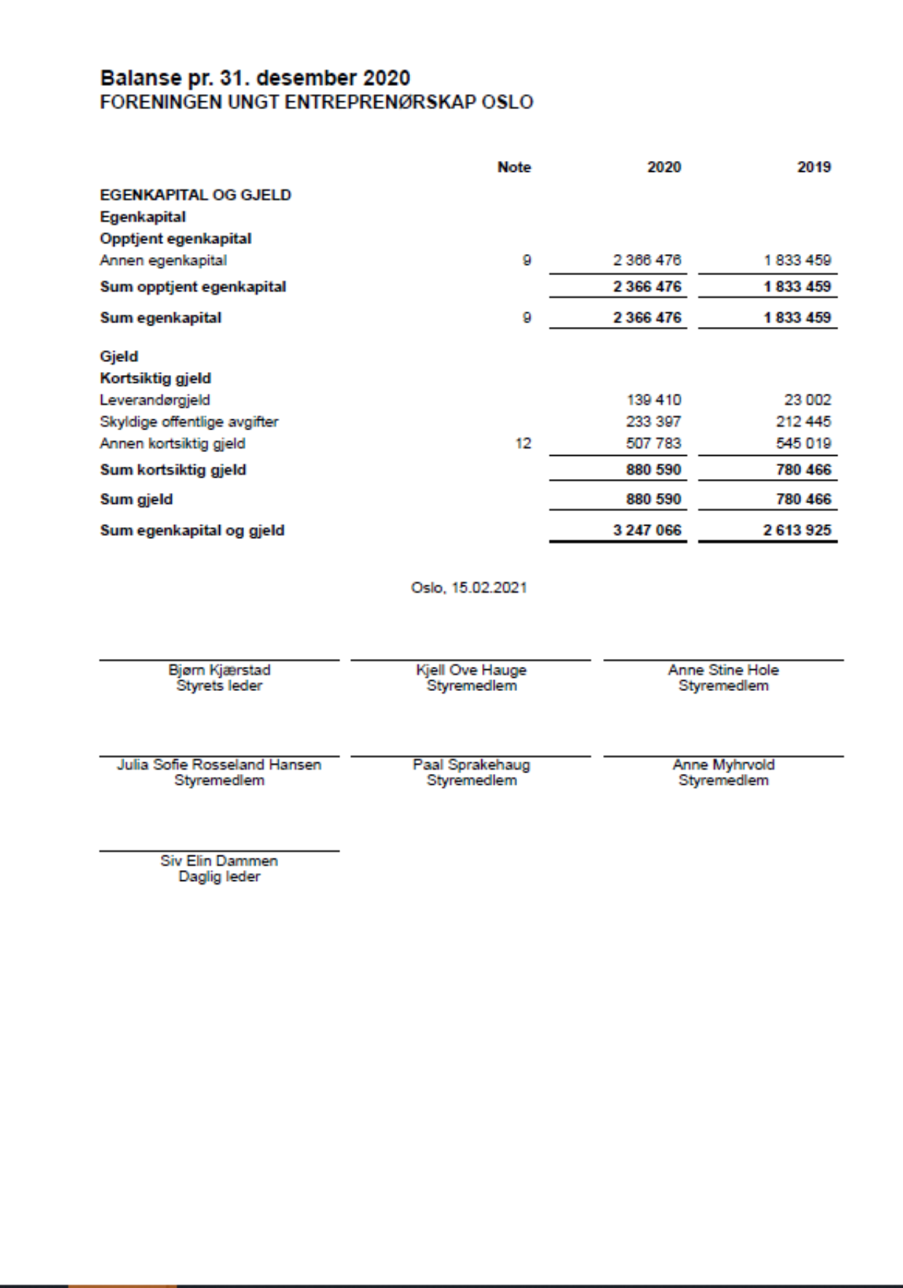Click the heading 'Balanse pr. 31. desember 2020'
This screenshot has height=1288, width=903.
point(255,78)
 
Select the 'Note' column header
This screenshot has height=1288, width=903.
point(513,167)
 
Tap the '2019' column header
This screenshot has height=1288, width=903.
point(813,167)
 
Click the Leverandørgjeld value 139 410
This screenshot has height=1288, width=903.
point(653,400)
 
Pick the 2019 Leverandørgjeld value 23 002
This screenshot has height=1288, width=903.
point(807,400)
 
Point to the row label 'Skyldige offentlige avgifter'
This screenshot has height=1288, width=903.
point(189,422)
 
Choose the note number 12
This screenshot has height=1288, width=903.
point(523,443)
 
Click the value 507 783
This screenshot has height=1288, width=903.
point(653,443)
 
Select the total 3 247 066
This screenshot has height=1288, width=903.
point(647,530)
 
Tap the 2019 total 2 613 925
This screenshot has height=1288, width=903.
point(797,530)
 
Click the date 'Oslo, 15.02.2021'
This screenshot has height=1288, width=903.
point(468,588)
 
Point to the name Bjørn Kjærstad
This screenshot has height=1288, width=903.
point(219,670)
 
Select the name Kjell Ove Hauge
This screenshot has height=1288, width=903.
point(471,670)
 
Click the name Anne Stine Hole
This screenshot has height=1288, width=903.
point(723,670)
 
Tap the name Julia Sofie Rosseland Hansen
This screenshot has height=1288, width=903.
point(219,764)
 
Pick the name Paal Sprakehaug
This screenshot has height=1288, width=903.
point(471,764)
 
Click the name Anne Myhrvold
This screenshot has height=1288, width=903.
point(723,764)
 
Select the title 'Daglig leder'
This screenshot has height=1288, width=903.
point(219,877)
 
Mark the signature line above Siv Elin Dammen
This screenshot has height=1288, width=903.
point(219,850)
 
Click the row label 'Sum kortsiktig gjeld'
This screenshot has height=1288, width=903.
point(173,470)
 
